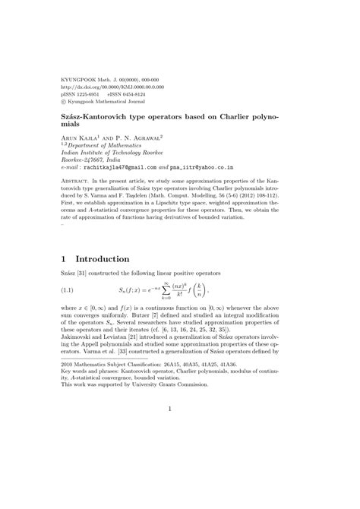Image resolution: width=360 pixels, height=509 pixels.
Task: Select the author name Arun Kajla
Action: click(81, 138)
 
